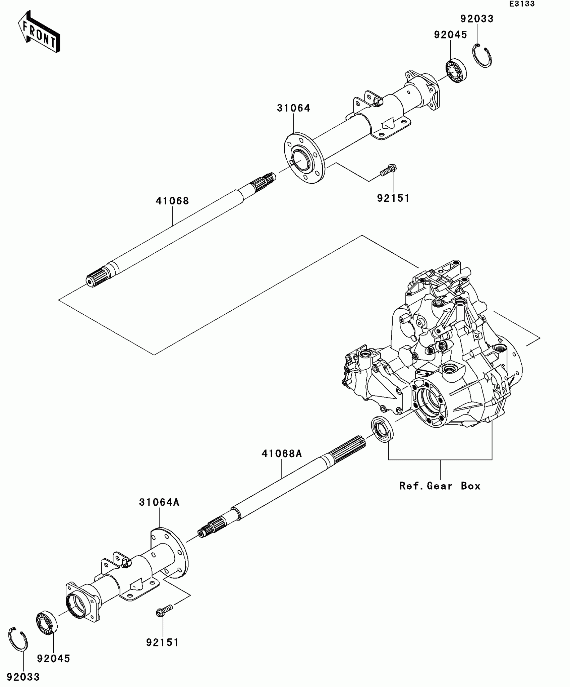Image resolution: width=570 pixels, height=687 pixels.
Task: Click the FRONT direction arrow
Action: pos(39,32)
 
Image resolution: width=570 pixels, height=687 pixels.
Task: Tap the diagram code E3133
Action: pos(522,4)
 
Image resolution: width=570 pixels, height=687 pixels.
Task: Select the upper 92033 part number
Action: pos(477,19)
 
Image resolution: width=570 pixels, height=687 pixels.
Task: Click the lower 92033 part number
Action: pos(23,677)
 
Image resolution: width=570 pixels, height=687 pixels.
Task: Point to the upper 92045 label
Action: pos(450,35)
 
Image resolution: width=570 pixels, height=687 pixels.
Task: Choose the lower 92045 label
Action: pos(53,659)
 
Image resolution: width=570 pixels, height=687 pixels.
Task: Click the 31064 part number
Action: pos(293,108)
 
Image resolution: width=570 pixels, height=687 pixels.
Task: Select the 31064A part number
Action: pos(159,502)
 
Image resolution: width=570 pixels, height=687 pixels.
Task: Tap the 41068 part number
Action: pos(172,201)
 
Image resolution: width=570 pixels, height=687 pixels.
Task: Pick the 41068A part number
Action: pos(282,454)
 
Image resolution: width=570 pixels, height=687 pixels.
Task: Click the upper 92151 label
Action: pos(393,198)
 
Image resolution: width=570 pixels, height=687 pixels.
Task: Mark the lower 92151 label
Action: pos(162,642)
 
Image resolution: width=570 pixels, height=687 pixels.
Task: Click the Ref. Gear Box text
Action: pos(440,486)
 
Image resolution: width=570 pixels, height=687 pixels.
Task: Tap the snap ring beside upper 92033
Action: pos(482,56)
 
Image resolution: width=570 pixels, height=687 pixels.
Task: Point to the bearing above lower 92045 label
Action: pos(47,623)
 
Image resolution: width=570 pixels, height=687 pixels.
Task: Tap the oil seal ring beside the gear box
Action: pos(382,430)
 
